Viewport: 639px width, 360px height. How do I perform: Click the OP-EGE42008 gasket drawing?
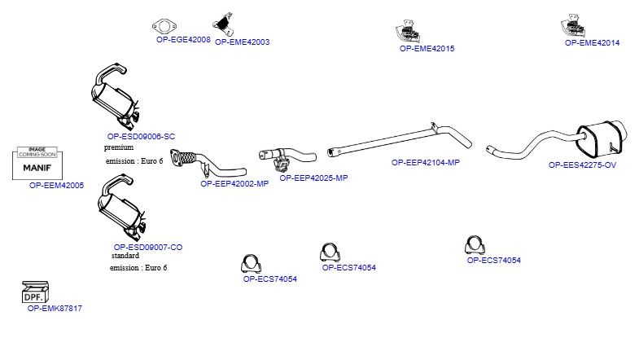164,27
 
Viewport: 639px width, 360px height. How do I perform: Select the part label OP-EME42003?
242,42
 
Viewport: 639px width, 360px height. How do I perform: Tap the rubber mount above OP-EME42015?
408,32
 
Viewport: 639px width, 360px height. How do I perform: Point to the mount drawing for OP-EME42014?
572,25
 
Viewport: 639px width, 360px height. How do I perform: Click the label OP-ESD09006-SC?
141,137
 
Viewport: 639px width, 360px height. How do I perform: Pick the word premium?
119,147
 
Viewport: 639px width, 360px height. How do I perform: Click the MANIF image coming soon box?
37,163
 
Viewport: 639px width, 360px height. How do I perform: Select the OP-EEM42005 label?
57,186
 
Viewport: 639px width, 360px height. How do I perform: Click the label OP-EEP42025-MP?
313,178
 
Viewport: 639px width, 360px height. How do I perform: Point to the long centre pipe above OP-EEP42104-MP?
400,140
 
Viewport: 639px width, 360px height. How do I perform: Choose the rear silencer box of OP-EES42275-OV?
602,138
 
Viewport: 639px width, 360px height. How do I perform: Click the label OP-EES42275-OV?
582,165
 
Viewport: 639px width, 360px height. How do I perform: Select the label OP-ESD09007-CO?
148,247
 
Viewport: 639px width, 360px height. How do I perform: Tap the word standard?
125,256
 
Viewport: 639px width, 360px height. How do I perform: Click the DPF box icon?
35,292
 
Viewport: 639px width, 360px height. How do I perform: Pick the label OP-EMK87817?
55,309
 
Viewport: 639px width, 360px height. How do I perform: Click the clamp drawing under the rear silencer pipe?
475,244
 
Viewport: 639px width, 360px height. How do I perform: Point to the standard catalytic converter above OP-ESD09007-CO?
121,208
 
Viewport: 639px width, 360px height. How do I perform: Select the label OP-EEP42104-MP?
426,163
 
